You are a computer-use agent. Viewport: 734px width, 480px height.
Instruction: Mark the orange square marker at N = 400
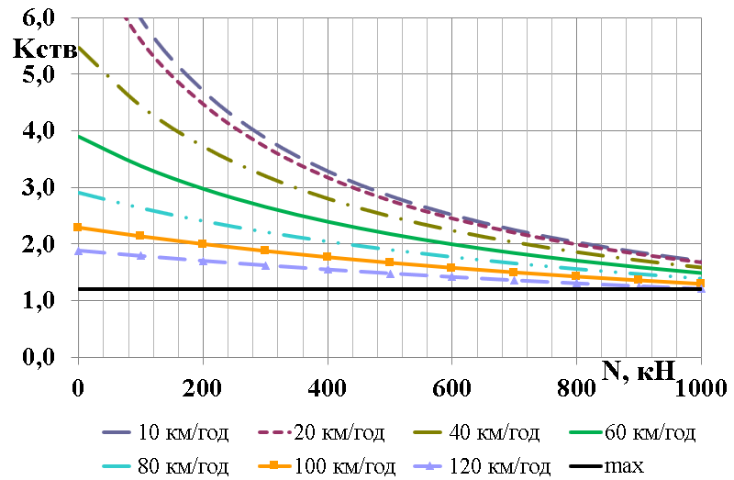point(328,256)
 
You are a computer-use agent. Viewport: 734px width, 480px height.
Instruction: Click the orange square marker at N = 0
point(78,227)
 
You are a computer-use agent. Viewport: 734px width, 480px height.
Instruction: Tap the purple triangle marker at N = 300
point(265,265)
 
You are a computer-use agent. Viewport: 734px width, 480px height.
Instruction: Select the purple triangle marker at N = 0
point(78,250)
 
